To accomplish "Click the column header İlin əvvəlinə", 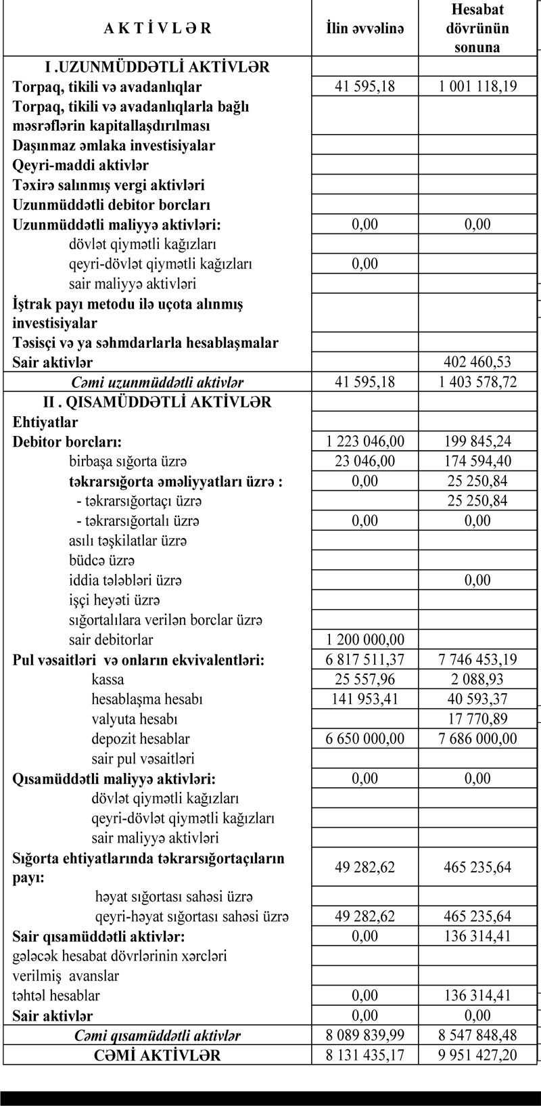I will [364, 28].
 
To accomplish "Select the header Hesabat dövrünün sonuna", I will [477, 28].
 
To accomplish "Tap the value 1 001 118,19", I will [477, 87].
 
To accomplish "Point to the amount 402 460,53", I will [477, 362].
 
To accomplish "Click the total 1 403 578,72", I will [477, 382].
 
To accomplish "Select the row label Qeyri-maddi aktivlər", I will [80, 165].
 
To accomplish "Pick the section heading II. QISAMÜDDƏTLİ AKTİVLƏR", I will [157, 402].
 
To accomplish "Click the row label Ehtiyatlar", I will [45, 422].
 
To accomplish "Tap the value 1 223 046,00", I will [364, 441].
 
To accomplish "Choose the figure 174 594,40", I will [477, 461].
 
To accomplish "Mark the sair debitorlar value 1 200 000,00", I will [364, 640].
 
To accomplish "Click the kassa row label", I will [108, 679].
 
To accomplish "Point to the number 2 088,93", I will [477, 679].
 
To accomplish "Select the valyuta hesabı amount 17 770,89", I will [477, 719].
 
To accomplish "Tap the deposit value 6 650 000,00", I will [364, 738].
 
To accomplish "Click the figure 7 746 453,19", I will [477, 659].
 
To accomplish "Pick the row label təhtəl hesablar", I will [56, 996].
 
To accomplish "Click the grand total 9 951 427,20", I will [477, 1055].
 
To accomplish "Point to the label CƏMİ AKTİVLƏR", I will [157, 1055].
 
